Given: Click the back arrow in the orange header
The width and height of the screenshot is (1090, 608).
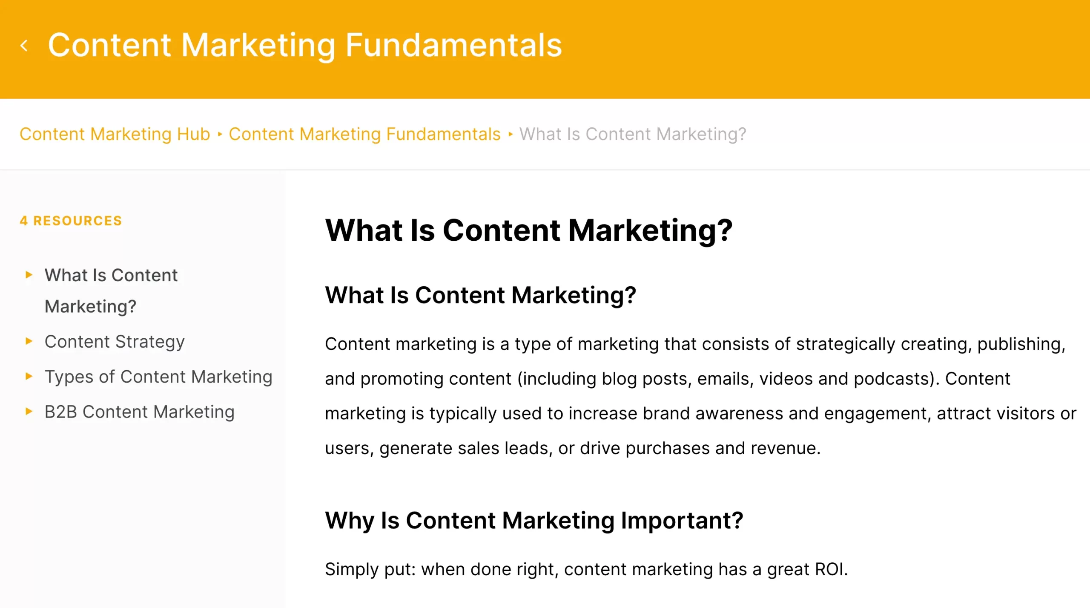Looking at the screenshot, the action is click(x=24, y=46).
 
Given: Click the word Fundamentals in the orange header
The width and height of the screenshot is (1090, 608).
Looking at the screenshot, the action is click(x=453, y=45).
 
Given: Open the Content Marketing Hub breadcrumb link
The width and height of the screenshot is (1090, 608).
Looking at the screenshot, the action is click(x=115, y=134).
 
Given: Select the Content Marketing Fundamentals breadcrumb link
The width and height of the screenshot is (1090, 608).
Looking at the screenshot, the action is click(x=364, y=134).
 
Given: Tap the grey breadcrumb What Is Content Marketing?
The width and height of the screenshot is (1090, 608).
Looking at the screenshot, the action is click(x=633, y=134).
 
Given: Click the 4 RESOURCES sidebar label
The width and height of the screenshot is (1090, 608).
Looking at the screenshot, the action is click(x=71, y=221).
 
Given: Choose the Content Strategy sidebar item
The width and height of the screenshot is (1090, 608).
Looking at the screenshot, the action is click(x=115, y=342).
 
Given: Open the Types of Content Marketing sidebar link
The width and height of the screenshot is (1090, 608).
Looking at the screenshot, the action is click(x=158, y=377).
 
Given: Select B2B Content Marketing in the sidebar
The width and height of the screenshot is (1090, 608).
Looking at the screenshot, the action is click(x=140, y=412).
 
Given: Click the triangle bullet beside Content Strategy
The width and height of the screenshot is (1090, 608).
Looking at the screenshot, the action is click(x=29, y=341).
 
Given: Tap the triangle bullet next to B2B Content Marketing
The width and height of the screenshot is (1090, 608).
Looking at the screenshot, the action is click(x=29, y=411).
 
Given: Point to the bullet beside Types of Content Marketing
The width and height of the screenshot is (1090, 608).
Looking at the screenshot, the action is click(x=29, y=376).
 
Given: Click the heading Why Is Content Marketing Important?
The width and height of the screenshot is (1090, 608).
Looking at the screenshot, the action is click(x=534, y=520).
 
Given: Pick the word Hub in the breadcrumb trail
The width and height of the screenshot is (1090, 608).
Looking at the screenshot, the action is click(x=194, y=134).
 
